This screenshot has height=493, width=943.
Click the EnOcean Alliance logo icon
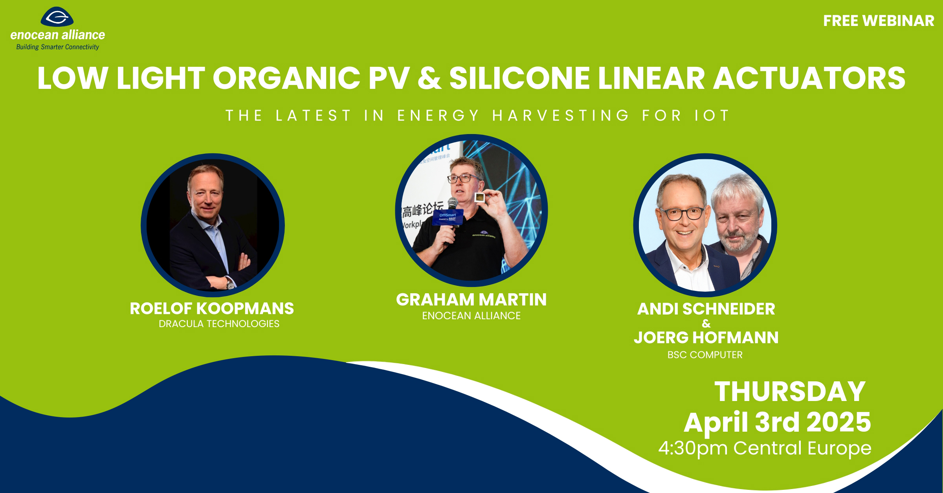[57, 17]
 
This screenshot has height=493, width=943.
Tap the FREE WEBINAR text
[879, 21]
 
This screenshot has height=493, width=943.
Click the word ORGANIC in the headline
[286, 78]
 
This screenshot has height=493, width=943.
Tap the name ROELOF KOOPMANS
[212, 309]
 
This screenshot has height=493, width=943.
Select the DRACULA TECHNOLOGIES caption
[219, 324]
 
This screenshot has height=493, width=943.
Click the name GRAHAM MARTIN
[471, 300]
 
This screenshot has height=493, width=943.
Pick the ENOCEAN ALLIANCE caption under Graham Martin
[471, 316]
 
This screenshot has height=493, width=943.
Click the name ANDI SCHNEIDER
[706, 309]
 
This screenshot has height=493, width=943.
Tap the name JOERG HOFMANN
[706, 338]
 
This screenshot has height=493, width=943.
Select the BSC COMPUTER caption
[705, 355]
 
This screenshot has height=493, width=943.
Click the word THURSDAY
[790, 392]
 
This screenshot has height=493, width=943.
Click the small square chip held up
[479, 197]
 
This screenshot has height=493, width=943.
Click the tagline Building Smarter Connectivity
[57, 47]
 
